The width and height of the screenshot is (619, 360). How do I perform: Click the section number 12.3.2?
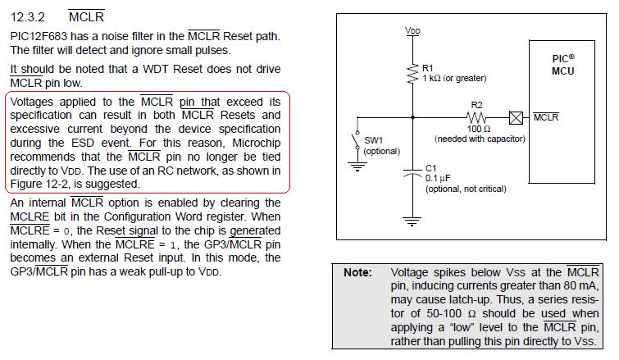click(29, 16)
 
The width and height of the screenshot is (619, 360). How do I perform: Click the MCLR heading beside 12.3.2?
click(86, 16)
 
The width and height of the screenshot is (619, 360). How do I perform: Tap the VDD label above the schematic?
click(413, 30)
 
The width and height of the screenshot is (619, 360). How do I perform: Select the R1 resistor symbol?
click(413, 74)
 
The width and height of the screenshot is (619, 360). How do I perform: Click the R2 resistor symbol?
click(476, 117)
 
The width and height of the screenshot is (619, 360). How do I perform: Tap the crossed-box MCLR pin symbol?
click(516, 117)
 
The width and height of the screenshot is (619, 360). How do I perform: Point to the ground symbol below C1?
click(413, 221)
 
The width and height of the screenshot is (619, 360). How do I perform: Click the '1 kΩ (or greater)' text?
click(454, 79)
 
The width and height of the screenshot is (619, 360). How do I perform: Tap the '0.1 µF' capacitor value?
click(439, 178)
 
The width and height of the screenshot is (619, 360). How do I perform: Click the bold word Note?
click(357, 272)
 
